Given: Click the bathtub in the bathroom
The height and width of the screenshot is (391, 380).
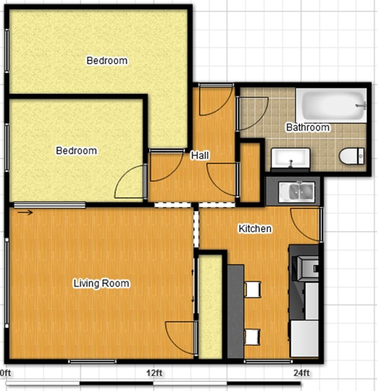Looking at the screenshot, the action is point(331,105).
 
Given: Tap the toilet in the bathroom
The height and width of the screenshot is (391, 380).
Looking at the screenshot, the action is point(351,156).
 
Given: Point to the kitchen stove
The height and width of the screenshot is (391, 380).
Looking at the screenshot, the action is point(305,268).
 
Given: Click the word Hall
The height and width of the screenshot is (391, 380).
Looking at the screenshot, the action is point(200,156).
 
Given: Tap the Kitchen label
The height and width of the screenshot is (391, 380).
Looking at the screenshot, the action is point(255,228).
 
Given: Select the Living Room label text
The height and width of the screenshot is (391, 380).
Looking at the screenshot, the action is point(101,283).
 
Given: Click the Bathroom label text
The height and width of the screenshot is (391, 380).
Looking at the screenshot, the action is point(308,127).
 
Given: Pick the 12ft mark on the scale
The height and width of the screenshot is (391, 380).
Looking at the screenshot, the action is point(154,373).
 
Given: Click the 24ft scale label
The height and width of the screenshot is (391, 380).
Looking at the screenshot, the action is point(301,373).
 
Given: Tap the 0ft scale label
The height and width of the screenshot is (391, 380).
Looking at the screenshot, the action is point(5,373).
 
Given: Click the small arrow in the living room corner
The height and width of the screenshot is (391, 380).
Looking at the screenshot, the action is point(25,213).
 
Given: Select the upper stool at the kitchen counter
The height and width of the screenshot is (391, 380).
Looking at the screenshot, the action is point(253,289).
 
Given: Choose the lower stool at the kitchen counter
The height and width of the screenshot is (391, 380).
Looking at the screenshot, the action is point(252,337).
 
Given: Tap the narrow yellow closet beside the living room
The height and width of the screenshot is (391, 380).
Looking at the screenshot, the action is point(210,307).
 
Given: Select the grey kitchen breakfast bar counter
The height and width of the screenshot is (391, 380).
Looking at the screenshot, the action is point(235,312).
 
